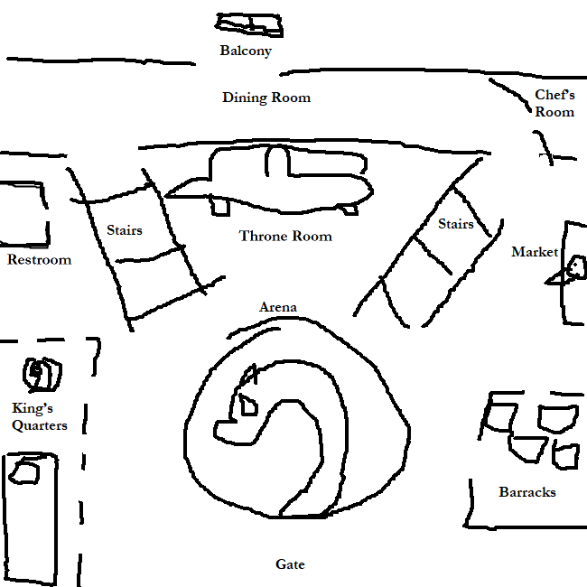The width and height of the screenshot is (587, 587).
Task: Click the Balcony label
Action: (x=245, y=51)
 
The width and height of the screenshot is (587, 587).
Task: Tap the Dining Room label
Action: (x=266, y=98)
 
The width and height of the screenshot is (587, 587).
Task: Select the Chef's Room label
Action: (x=554, y=103)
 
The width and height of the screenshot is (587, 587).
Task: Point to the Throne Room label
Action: (x=285, y=237)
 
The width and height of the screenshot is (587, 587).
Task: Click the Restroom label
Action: (x=39, y=260)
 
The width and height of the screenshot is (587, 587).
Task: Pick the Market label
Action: (x=534, y=252)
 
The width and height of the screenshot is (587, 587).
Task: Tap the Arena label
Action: (x=278, y=308)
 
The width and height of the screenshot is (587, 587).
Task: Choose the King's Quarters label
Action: (x=39, y=416)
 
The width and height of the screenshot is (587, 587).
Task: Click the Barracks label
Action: (x=527, y=492)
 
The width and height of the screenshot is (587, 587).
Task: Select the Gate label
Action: (x=290, y=564)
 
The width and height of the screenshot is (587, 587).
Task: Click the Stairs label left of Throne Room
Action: (x=125, y=230)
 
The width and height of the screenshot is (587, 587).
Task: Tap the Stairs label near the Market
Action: (x=456, y=224)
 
